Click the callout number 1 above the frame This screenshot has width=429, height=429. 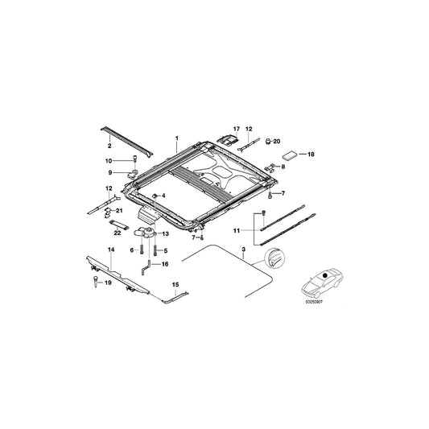[175, 138]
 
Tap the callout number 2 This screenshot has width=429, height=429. [109, 148]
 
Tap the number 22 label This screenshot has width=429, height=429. [117, 233]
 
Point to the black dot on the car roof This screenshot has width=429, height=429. [324, 277]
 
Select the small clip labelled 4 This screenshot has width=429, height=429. [155, 196]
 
